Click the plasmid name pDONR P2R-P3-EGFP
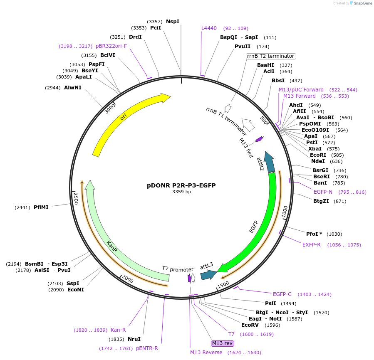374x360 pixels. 181,185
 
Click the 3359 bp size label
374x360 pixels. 182,192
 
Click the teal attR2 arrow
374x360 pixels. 270,163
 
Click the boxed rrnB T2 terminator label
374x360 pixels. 271,56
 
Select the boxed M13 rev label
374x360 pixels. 223,343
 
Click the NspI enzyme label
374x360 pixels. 173,21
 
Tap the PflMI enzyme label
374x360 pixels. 41,207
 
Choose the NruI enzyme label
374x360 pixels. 134,339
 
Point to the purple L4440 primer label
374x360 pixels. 209,28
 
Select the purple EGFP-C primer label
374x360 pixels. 282,294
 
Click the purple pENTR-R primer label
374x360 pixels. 147,348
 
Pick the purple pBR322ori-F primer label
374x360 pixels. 111,46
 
